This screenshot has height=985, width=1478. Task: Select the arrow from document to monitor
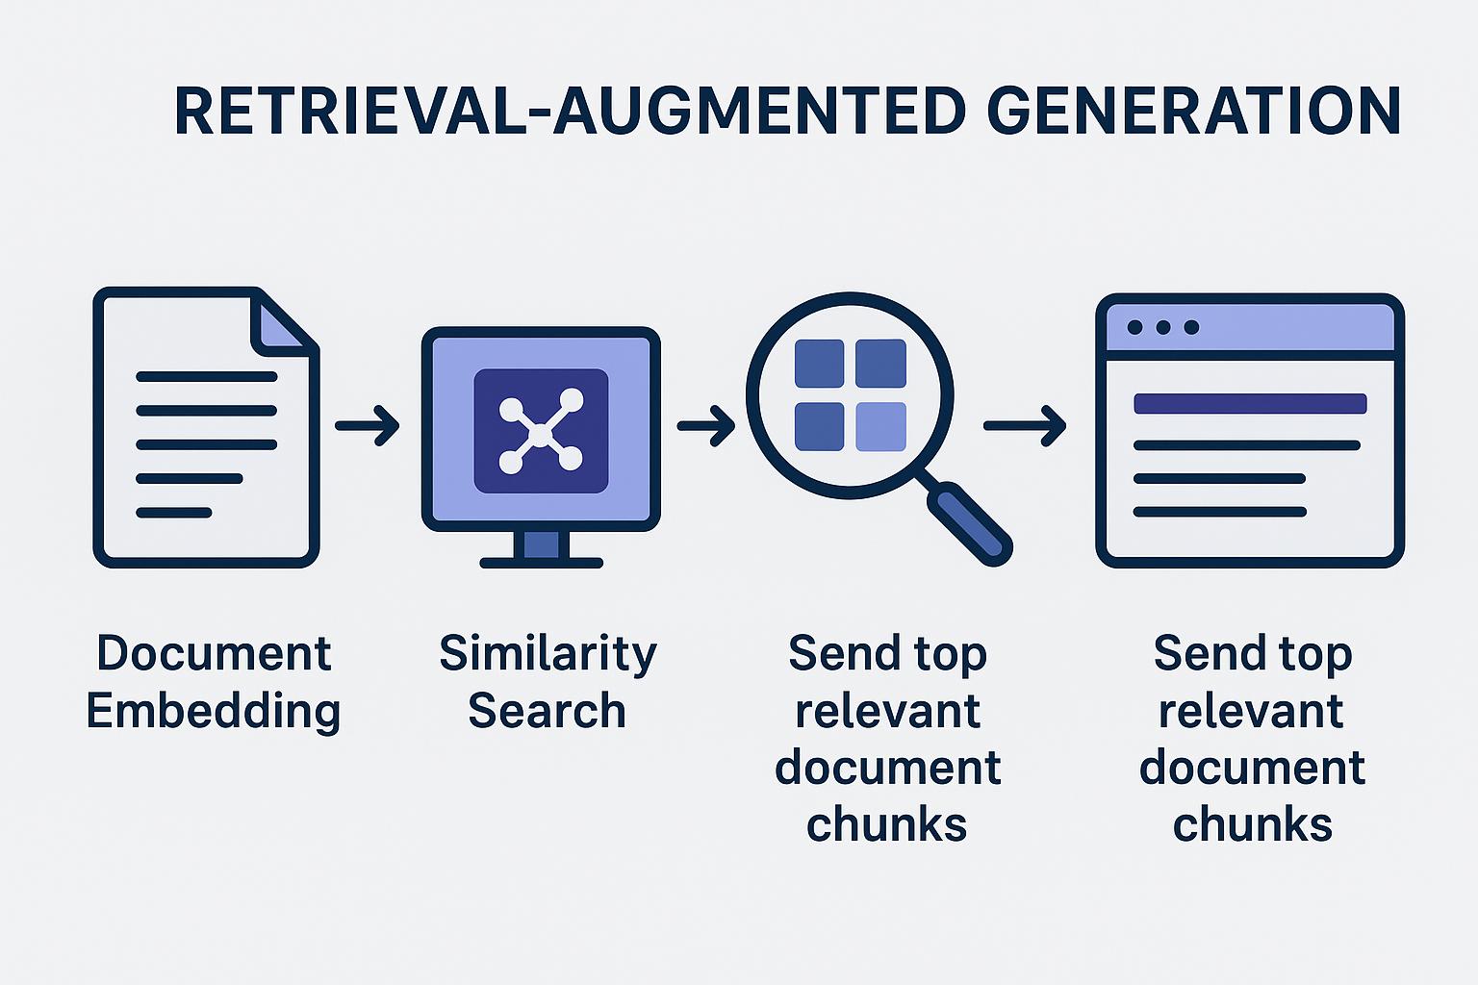pyautogui.click(x=368, y=425)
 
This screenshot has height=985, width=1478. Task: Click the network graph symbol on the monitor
pyautogui.click(x=541, y=432)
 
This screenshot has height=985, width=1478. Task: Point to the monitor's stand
pyautogui.click(x=542, y=546)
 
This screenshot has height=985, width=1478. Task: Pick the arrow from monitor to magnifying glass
pyautogui.click(x=707, y=425)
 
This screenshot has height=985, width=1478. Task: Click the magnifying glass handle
pyautogui.click(x=970, y=522)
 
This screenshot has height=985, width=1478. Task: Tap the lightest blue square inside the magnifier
pyautogui.click(x=880, y=426)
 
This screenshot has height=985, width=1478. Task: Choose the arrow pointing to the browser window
pyautogui.click(x=1025, y=425)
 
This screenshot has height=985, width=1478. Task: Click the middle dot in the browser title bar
pyautogui.click(x=1162, y=327)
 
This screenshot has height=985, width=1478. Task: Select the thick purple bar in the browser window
pyautogui.click(x=1250, y=403)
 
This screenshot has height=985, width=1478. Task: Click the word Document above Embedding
pyautogui.click(x=214, y=654)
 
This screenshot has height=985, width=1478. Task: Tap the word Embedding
pyautogui.click(x=214, y=712)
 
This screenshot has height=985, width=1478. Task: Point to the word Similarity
pyautogui.click(x=548, y=654)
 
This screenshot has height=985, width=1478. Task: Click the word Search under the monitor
pyautogui.click(x=547, y=712)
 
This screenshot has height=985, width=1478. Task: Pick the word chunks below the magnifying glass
pyautogui.click(x=886, y=825)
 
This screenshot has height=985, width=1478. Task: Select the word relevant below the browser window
pyautogui.click(x=1251, y=712)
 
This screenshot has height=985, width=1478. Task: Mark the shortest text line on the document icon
pyautogui.click(x=173, y=513)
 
